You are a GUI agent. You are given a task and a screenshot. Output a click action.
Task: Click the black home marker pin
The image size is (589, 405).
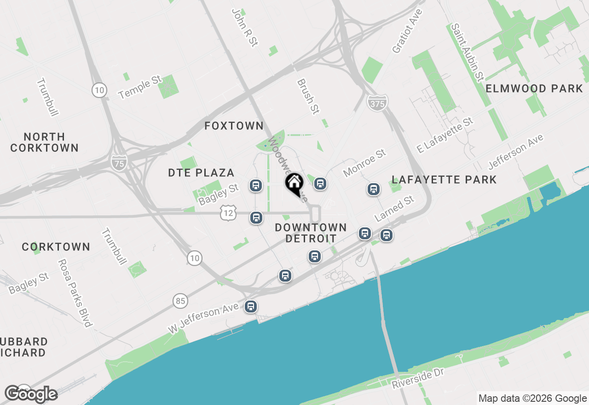(294, 184)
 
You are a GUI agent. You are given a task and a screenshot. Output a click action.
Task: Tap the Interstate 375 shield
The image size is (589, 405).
(377, 103)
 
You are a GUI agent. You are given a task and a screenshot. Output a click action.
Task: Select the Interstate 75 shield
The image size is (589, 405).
(119, 162)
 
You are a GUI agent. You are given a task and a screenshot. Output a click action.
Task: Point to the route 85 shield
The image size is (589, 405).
(181, 301)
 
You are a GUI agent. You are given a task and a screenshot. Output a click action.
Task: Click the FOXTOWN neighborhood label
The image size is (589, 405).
(234, 126)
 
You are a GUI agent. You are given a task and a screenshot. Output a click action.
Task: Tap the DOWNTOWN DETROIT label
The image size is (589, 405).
(311, 233)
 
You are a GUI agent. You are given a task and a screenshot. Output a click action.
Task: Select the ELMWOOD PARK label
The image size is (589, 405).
(534, 88)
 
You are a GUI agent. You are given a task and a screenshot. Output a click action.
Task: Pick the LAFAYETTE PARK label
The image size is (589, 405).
(444, 179)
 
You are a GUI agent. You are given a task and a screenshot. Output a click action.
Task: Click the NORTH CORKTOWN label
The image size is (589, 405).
(45, 142)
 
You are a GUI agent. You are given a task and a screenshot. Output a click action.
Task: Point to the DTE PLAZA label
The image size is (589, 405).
(201, 173)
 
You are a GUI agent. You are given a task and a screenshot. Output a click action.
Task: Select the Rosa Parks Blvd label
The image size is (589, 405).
(74, 293)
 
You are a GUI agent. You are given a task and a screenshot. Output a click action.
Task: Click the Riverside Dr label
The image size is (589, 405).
(418, 379)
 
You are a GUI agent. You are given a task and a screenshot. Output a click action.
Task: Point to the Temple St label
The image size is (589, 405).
(140, 87)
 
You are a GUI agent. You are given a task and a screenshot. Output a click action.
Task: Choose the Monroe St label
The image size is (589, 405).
(364, 162)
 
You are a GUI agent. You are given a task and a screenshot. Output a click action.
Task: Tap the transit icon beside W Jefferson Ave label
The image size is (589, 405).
(251, 306)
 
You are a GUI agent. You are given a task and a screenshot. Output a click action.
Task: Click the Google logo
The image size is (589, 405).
(31, 394)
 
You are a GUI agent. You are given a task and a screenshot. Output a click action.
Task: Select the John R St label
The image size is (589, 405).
(244, 27)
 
